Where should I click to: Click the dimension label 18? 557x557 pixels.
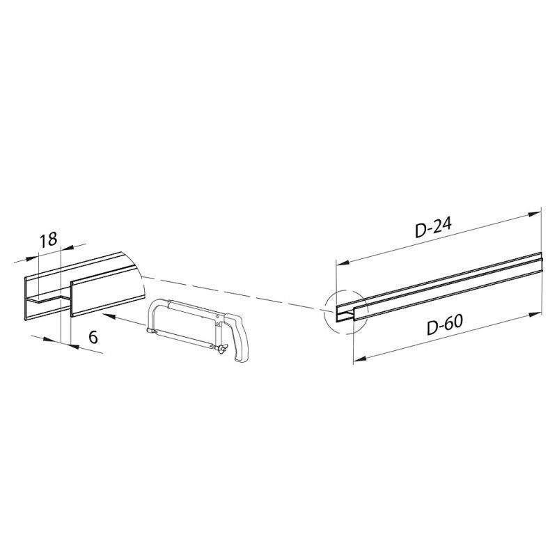(48, 240)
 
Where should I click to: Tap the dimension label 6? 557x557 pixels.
(93, 337)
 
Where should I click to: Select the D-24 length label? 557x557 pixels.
(433, 228)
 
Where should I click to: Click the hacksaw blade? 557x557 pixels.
(182, 338)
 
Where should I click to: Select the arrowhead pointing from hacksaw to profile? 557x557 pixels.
(108, 315)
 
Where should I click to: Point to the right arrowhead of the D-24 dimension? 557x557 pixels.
(535, 214)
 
